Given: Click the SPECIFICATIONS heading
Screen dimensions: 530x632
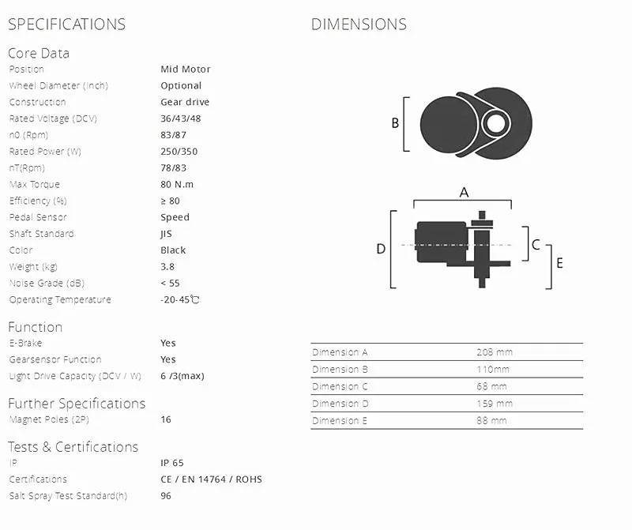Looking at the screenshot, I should pos(66,24).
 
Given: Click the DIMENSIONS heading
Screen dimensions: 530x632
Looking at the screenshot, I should pos(359,24).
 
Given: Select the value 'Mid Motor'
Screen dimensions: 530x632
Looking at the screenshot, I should pos(185,70).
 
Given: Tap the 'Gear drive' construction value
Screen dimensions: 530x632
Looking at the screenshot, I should pos(185,102).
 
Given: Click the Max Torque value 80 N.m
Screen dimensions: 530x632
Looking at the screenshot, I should pos(177,184).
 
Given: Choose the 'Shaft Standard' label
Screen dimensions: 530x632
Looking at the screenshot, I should pos(41,234).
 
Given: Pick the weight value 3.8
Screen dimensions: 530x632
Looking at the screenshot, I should pos(167,267).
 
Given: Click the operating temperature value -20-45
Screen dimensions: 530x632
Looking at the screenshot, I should pos(179,300).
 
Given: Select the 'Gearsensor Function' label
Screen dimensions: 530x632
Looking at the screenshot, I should pos(55,359).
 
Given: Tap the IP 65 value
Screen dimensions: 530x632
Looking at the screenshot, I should pos(172,463).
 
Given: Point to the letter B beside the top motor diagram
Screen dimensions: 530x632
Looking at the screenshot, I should pos(395,123).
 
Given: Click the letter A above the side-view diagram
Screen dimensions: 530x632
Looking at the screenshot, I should pos(464,192).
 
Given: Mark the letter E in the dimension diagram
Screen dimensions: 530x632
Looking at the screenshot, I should pos(559,263).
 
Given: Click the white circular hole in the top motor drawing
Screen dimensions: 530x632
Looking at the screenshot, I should pos(495,122).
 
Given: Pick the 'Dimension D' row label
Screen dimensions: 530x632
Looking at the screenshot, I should pos(340,404).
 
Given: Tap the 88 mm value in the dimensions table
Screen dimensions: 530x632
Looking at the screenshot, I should pos(491,421).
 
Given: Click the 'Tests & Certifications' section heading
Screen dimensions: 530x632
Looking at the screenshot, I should pos(73,447).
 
